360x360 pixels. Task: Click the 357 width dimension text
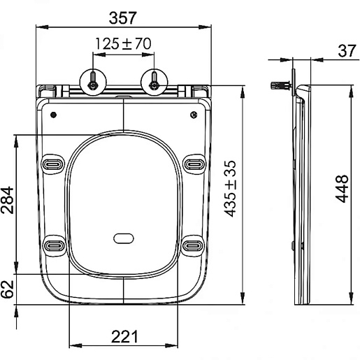click(122, 18)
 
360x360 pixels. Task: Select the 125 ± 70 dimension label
click(123, 43)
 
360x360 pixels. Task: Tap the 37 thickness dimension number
click(347, 51)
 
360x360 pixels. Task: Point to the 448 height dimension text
click(343, 189)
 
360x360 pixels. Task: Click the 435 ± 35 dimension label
click(230, 189)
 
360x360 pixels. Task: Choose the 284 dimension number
click(7, 200)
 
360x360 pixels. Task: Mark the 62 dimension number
click(7, 289)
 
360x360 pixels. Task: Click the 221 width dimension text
click(124, 336)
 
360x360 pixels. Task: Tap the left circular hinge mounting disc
click(93, 82)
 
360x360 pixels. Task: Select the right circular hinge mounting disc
click(154, 82)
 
